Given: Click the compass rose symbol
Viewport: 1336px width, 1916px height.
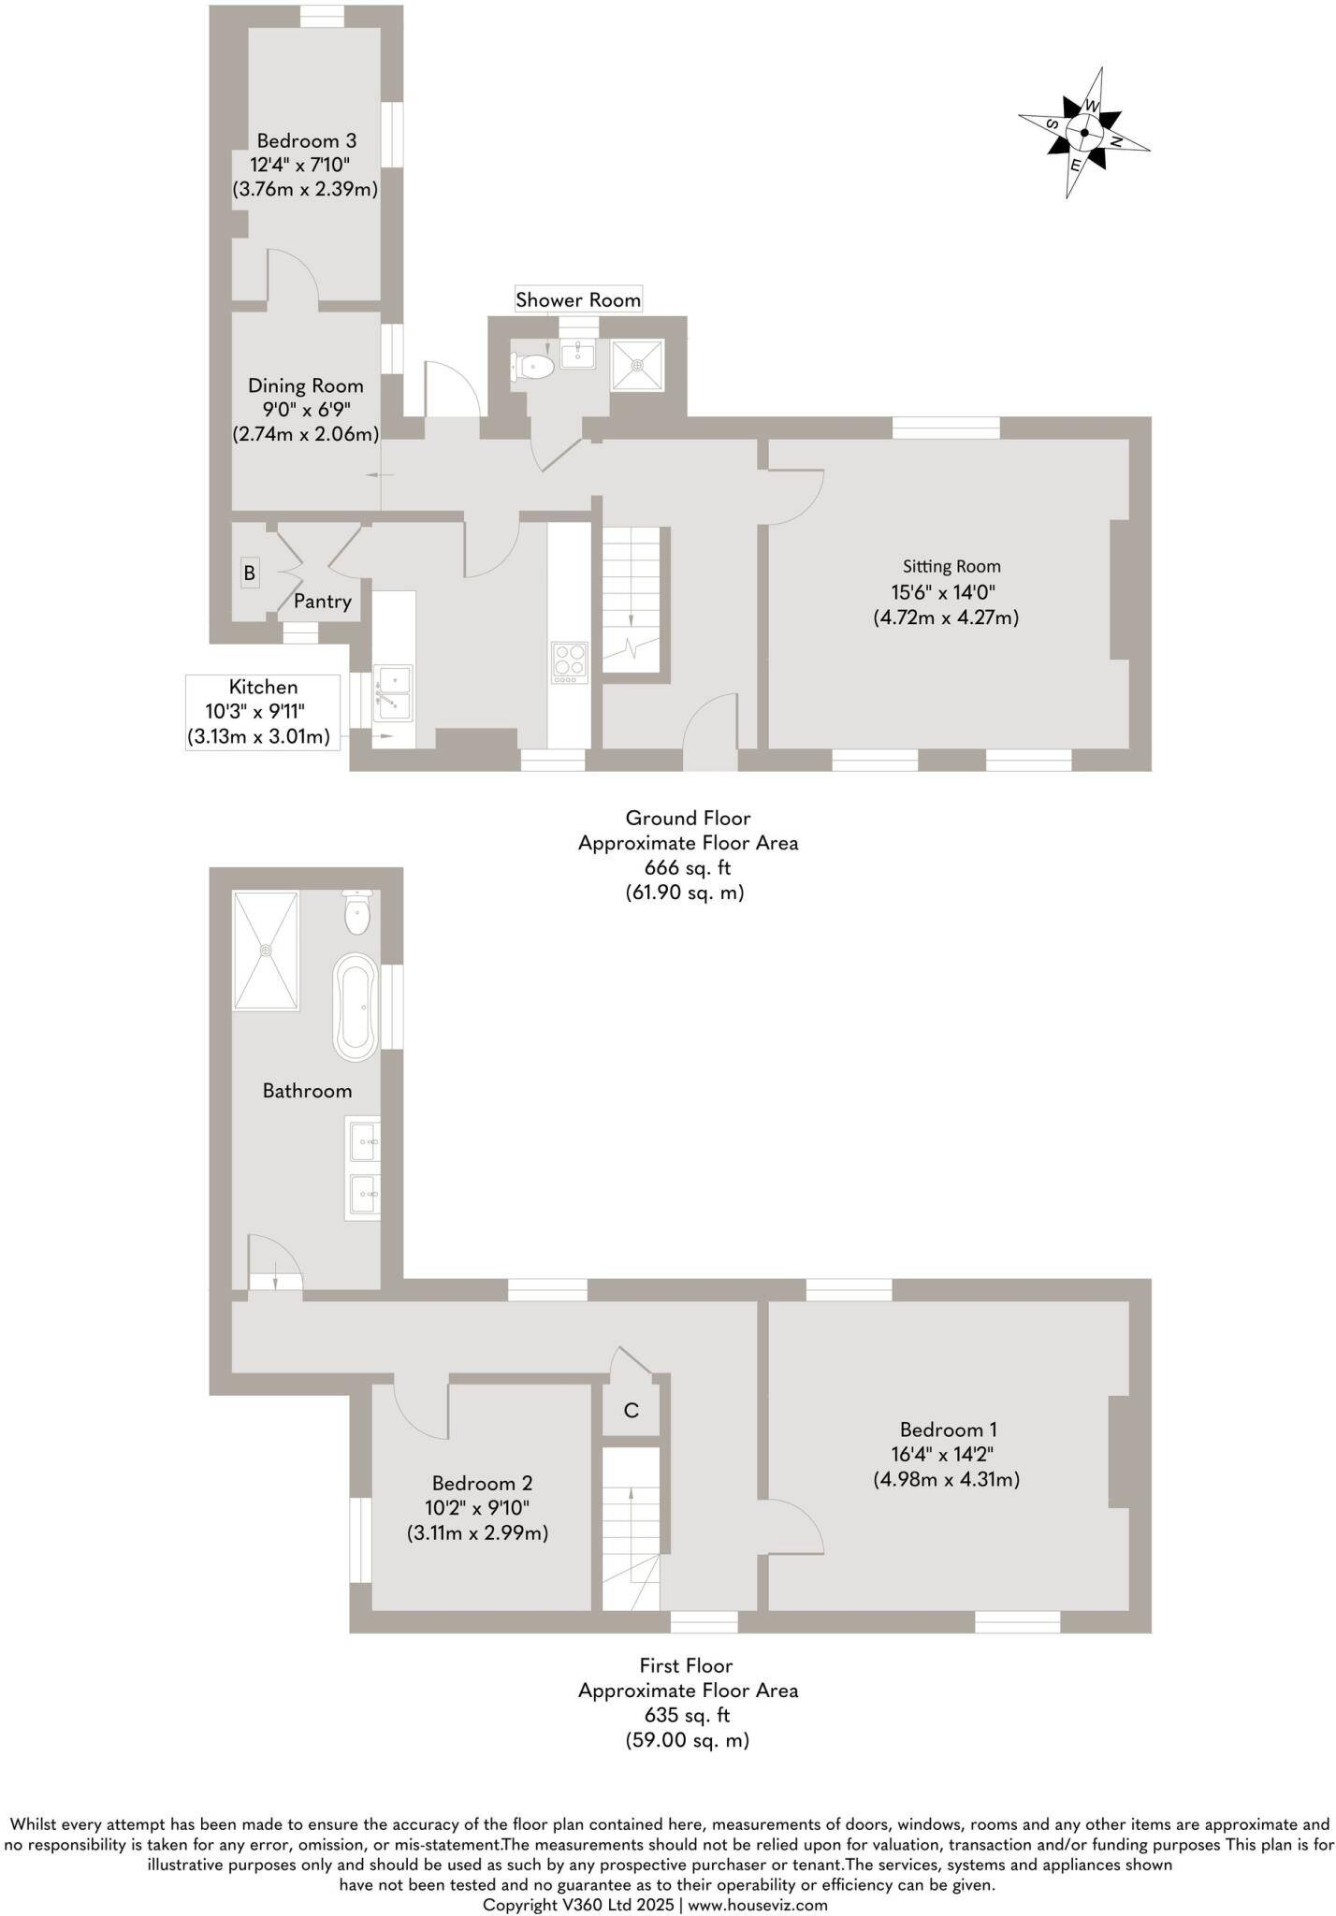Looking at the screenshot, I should click(x=1083, y=133).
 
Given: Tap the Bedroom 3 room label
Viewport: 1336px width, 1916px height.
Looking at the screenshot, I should click(x=306, y=141).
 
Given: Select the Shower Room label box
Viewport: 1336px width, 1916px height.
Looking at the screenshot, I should click(x=578, y=300).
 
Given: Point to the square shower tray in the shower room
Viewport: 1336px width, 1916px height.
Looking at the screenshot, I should click(x=637, y=365).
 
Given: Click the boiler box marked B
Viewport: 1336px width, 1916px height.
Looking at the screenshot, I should click(x=249, y=573).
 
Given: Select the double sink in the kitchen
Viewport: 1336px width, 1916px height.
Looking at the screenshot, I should click(x=393, y=692).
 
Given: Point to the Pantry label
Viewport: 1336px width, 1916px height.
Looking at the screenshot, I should click(x=322, y=602).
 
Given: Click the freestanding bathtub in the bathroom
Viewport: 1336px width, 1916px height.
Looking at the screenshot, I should click(x=356, y=1007).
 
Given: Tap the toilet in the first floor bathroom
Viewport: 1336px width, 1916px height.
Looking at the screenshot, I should click(x=358, y=913).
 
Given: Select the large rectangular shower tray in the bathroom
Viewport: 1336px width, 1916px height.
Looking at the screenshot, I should click(x=266, y=950).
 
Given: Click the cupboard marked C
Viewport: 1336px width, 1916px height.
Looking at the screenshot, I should click(x=632, y=1411).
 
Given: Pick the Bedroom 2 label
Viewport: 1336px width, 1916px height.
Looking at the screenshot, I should click(x=482, y=1483).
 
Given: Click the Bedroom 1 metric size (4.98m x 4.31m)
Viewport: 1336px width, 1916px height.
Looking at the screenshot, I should click(x=946, y=1479).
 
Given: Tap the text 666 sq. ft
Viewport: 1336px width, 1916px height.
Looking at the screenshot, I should click(x=687, y=867).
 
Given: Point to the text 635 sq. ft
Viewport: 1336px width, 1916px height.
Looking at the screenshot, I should click(x=687, y=1715).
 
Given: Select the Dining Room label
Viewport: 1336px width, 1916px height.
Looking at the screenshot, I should click(x=305, y=385).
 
